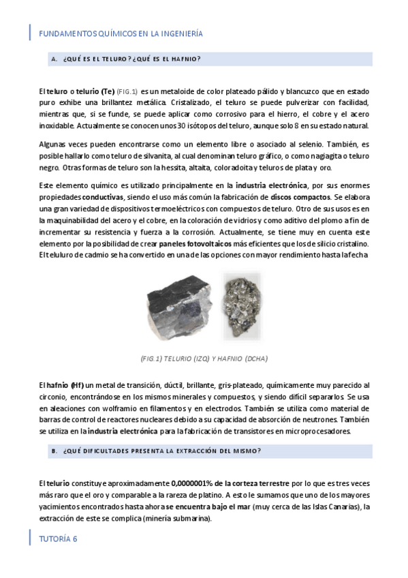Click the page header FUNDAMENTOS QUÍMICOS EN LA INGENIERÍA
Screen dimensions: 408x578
(x=121, y=33)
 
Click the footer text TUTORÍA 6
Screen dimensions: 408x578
(x=59, y=538)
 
